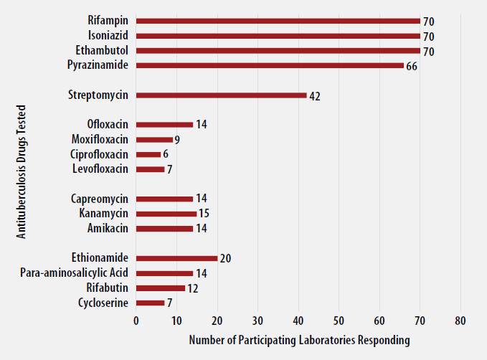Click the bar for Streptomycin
pos(221,95)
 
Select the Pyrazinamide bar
pos(270,65)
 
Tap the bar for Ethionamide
pos(176,258)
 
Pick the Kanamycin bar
pos(166,214)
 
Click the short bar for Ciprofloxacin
pos(148,155)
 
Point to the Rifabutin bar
pos(160,288)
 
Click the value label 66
pos(412,66)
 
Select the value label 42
pos(314,96)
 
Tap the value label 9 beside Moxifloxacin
pos(176,140)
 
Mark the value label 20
pos(225,259)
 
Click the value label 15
pos(203,214)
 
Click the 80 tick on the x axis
pos(460,321)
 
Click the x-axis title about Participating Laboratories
pos(299,340)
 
